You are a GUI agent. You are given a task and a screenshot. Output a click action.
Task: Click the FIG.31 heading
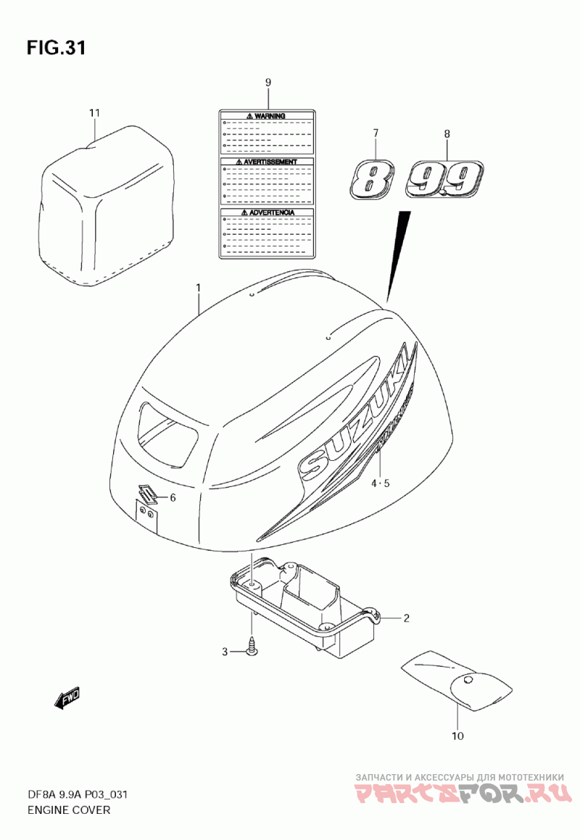coord(57,49)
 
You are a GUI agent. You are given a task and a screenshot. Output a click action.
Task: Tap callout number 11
coord(94,113)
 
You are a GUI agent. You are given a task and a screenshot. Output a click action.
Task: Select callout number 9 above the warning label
coord(268,83)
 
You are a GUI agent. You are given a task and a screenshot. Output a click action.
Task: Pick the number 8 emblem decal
coord(372,178)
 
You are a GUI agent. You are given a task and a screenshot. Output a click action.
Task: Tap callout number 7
coord(376,133)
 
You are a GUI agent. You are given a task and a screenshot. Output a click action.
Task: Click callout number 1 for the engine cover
coord(198,288)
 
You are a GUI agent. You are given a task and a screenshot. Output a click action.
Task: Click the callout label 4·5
coord(381,483)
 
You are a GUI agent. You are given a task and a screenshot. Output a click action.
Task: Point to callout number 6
coord(173,497)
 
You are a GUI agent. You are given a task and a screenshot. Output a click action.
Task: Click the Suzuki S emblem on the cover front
coord(149,494)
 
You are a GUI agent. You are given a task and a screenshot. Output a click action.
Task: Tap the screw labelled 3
coord(252,646)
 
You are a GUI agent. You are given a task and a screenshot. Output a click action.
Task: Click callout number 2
coord(406,618)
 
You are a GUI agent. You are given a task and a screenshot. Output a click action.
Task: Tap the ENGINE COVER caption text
coord(69,810)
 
